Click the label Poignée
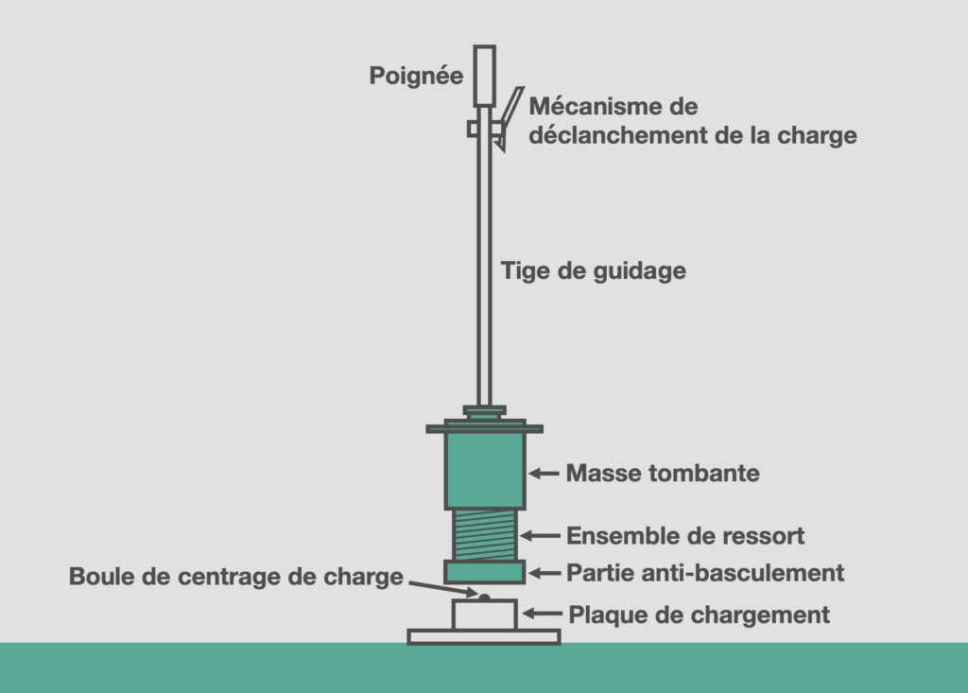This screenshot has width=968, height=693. click(x=416, y=76)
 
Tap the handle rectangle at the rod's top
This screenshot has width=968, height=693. click(x=485, y=76)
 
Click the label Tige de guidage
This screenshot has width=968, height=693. click(x=594, y=270)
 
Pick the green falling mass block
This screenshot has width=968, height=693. click(x=485, y=471)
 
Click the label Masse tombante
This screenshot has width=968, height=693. click(x=663, y=473)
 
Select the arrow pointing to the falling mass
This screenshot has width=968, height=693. click(x=544, y=474)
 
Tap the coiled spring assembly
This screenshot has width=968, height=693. click(x=485, y=535)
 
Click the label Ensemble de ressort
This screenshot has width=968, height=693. click(x=685, y=535)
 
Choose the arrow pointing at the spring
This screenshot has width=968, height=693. click(x=540, y=535)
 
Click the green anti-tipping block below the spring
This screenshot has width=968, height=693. click(x=485, y=572)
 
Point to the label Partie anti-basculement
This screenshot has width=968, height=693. click(x=705, y=573)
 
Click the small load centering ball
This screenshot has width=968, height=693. click(x=485, y=598)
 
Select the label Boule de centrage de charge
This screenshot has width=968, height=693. click(x=235, y=577)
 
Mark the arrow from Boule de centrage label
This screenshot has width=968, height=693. click(x=443, y=589)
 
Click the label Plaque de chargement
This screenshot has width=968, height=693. click(x=699, y=615)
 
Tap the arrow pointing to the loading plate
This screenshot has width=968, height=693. click(x=543, y=614)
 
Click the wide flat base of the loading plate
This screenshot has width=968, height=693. click(x=484, y=637)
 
